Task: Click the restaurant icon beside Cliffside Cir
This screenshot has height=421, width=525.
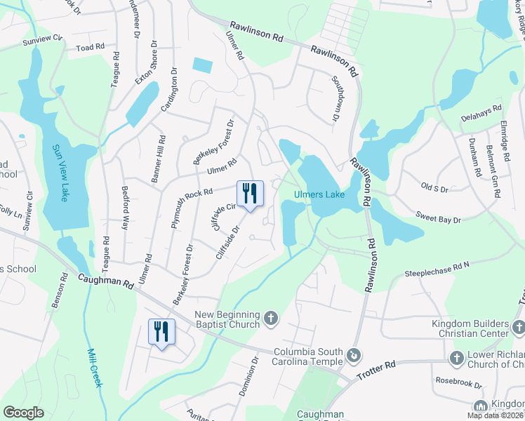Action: tap(250, 194)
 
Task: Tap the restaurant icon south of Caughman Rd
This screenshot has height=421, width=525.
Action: tap(161, 331)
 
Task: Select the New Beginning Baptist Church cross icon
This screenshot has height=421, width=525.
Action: tap(271, 320)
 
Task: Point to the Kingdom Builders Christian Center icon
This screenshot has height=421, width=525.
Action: tap(517, 327)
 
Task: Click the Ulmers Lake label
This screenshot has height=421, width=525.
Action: tap(319, 194)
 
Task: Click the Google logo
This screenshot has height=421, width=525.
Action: tap(23, 413)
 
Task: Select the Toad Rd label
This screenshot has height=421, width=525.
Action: tap(90, 47)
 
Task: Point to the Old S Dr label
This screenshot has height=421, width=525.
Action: tap(434, 189)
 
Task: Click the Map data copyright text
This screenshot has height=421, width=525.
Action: tap(495, 415)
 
